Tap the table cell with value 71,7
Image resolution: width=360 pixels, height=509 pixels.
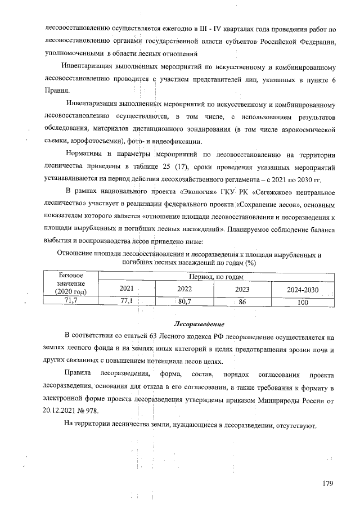tap(71, 301)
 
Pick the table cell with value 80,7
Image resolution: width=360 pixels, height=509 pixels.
tap(184, 301)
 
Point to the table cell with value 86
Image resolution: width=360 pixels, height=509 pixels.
tap(243, 301)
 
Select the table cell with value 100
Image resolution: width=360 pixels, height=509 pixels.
tap(303, 301)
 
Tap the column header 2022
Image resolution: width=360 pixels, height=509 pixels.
tap(184, 288)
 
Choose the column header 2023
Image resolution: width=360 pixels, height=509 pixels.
tap(243, 288)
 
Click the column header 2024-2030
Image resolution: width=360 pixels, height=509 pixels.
tap(303, 288)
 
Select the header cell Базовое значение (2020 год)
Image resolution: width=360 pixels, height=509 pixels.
tap(71, 283)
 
